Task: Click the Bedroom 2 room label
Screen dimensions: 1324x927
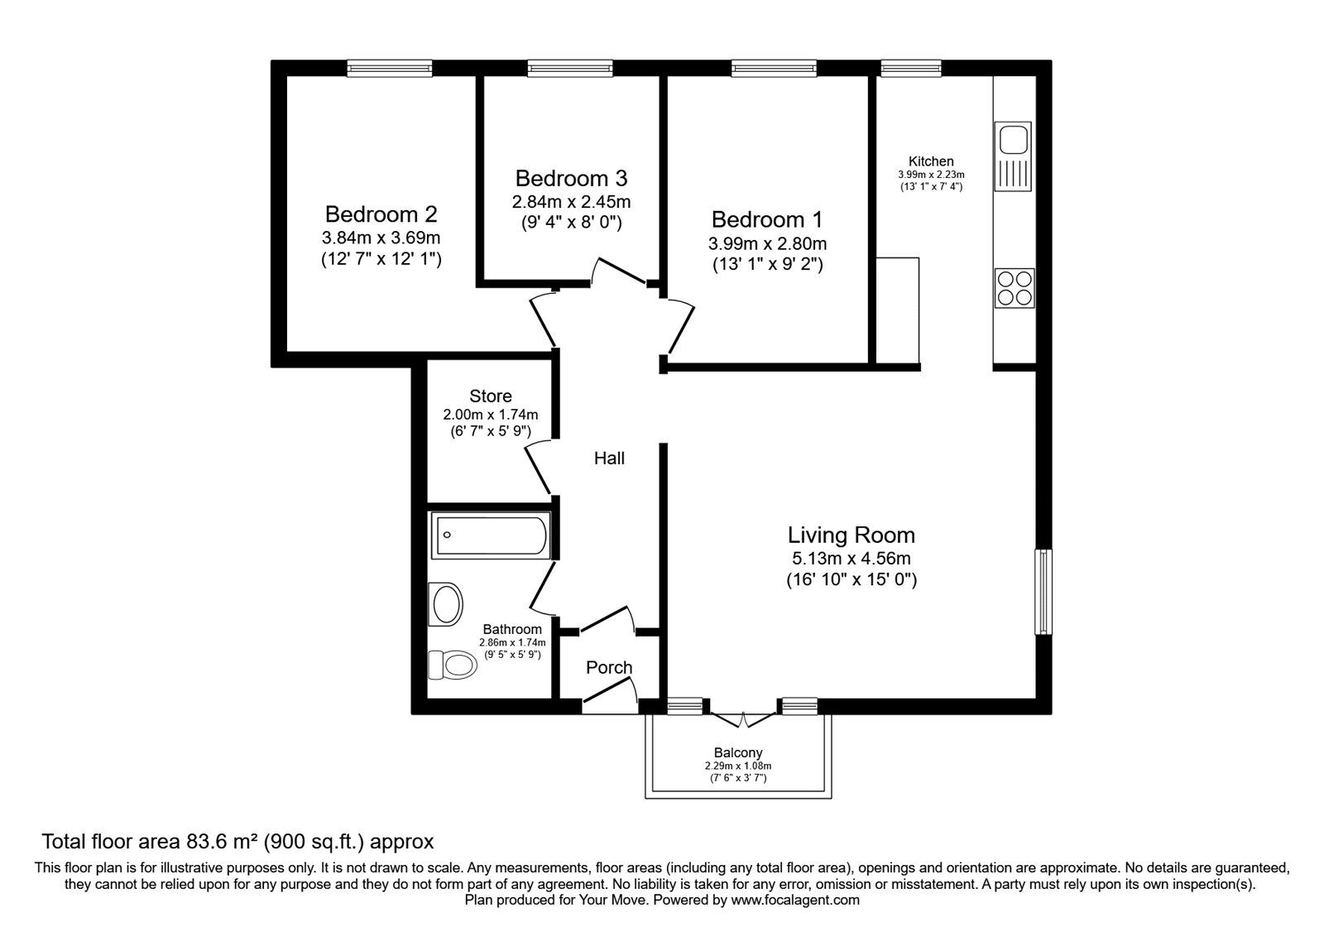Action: pos(381,214)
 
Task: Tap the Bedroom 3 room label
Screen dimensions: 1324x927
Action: pos(571,178)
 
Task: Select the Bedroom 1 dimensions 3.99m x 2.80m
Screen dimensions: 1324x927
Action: pos(767,243)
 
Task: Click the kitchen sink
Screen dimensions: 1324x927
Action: pos(1013,156)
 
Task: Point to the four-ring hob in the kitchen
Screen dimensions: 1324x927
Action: pos(1015,288)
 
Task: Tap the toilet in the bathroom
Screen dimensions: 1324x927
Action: pos(452,665)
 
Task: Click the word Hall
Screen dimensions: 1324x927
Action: pos(609,459)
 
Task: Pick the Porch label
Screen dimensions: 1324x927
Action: pos(609,667)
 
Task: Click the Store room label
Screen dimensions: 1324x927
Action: pos(491,396)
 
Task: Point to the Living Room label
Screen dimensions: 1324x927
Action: pos(851,535)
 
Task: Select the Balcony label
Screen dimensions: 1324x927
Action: pos(738,752)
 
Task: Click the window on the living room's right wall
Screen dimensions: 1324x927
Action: pos(1043,592)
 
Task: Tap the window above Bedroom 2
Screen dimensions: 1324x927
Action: pos(390,69)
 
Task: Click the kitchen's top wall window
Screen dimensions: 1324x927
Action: pos(911,69)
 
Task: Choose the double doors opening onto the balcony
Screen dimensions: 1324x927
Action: pos(743,719)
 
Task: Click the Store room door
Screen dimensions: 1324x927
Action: pos(537,468)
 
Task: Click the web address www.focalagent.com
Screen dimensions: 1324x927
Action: pos(795,901)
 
